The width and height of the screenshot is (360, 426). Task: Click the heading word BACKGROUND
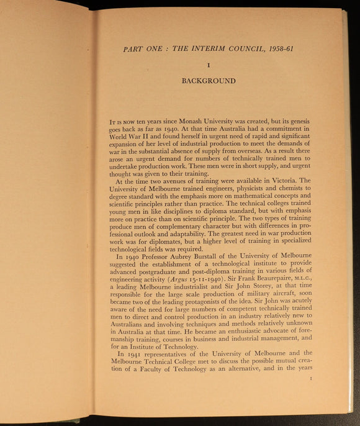(208, 81)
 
